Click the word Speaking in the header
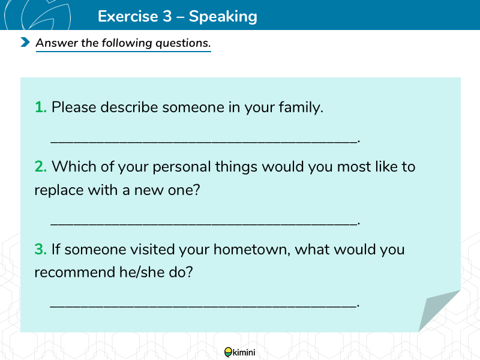(x=223, y=17)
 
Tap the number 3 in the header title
(x=167, y=16)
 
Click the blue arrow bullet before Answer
(x=25, y=42)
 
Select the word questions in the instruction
(x=183, y=43)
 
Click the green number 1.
(x=41, y=107)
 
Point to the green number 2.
(x=41, y=167)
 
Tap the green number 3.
(x=41, y=250)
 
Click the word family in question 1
(x=301, y=108)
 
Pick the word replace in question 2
(x=59, y=190)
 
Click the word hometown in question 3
(x=251, y=250)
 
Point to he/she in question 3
(x=142, y=272)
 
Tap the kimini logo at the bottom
(x=239, y=352)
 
